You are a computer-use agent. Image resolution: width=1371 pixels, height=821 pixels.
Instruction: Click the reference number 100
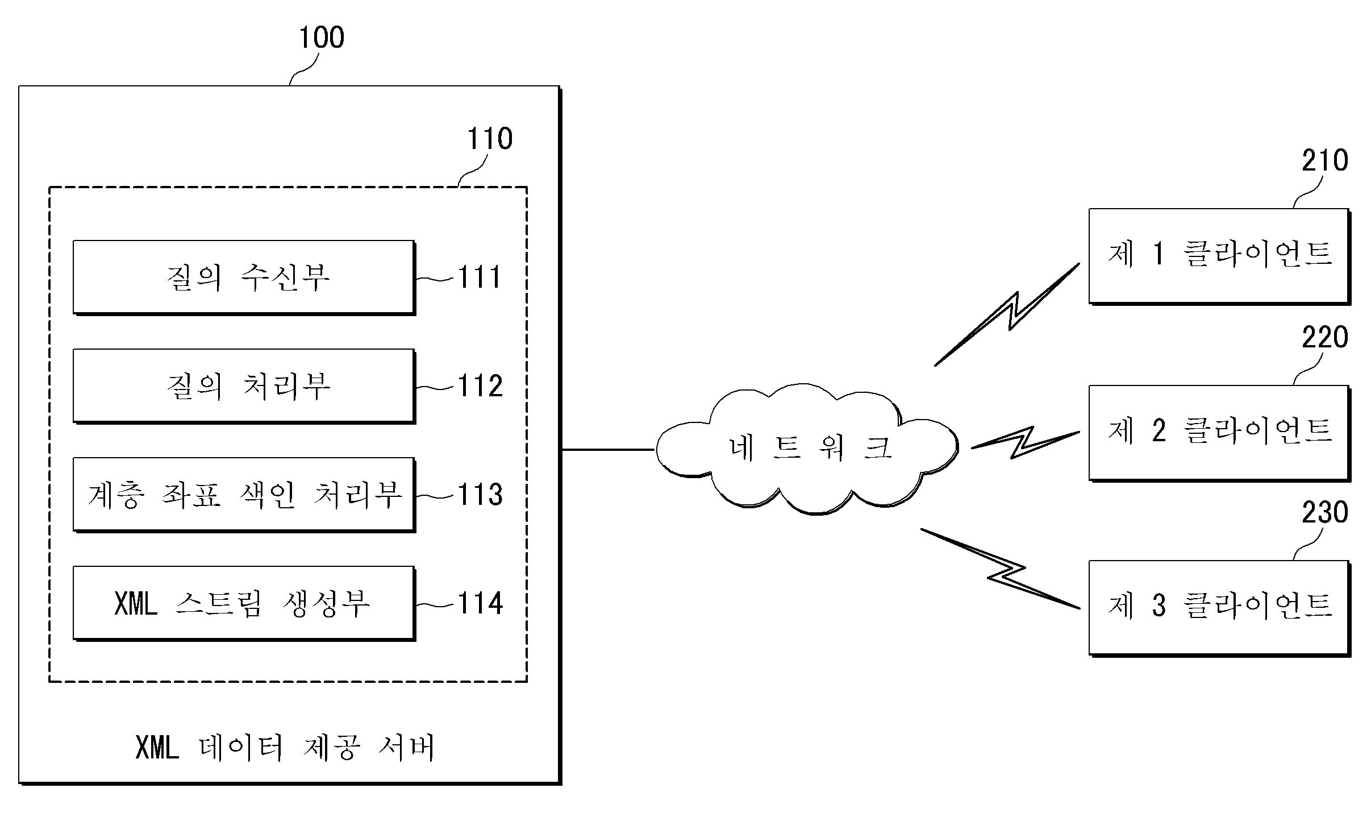322,38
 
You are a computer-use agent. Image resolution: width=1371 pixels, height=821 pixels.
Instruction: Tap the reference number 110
490,139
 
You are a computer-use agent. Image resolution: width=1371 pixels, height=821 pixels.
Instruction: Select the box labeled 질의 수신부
244,277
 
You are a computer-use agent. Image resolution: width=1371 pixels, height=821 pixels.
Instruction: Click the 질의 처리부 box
244,386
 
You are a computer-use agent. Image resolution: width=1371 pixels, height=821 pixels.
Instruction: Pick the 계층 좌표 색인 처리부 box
244,495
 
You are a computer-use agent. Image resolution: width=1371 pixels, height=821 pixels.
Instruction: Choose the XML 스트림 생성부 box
244,603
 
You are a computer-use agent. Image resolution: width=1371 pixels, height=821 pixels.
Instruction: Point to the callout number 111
480,277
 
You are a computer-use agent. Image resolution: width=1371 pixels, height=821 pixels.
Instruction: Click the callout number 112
480,386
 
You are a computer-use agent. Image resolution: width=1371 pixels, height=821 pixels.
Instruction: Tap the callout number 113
480,495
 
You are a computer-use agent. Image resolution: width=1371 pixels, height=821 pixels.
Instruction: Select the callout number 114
480,603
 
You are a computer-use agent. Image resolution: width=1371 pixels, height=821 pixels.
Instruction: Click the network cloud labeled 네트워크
807,449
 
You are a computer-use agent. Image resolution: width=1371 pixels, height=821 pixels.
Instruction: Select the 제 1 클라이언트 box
1219,256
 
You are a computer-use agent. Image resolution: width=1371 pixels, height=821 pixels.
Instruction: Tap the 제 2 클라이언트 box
1219,433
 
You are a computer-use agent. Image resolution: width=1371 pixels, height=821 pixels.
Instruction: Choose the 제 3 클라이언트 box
1219,608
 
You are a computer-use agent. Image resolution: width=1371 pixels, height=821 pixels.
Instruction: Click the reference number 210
1325,161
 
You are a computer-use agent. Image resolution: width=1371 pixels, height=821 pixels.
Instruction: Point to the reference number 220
1325,338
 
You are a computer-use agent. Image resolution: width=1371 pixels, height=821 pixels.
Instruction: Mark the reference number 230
1325,513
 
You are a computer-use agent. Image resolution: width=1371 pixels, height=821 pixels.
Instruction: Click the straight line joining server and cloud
609,449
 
